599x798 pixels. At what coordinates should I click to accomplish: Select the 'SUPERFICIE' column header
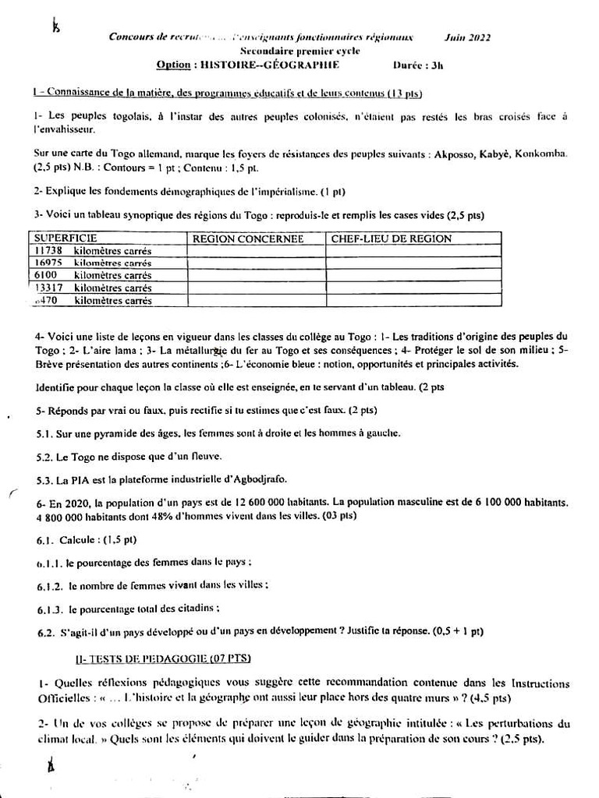pos(66,238)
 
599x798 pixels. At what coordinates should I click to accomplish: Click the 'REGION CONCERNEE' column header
pos(247,238)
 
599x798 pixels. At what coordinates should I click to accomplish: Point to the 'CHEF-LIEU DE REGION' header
pos(392,238)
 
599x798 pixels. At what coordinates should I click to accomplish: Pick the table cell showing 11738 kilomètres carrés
pos(94,251)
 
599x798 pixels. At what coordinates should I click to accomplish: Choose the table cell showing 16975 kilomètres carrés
pos(94,263)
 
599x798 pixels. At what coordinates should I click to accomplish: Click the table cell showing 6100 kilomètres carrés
pos(94,275)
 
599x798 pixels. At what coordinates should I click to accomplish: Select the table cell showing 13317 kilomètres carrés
pos(94,288)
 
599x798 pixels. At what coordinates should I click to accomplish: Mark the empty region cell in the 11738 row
pos(256,251)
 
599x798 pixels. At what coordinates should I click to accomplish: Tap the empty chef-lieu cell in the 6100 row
pos(413,275)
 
